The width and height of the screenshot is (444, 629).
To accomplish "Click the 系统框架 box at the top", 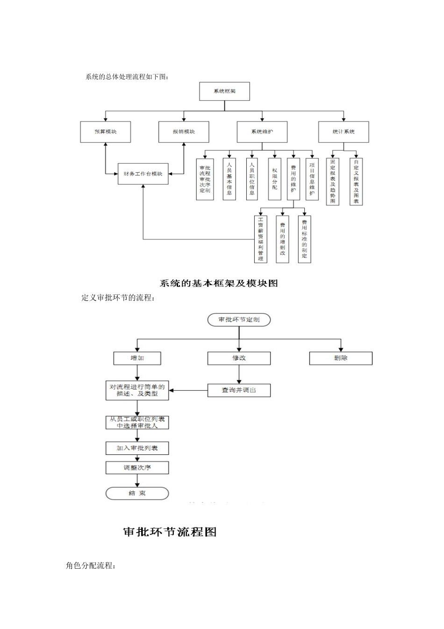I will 224,91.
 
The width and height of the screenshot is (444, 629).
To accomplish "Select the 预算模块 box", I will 106,132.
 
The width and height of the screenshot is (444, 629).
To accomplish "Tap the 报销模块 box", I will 184,132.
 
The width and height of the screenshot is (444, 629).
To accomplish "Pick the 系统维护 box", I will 262,132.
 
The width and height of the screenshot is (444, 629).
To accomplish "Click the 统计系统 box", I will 344,132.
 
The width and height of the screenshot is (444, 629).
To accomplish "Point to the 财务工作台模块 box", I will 143,174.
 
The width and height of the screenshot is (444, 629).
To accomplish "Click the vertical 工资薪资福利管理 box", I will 260,239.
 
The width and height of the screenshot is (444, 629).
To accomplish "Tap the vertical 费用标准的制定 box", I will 304,239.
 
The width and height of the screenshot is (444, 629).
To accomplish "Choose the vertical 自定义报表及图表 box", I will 356,182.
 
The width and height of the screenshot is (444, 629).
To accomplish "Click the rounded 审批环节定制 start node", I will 239,320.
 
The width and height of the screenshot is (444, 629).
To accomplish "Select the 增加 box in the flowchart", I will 137,358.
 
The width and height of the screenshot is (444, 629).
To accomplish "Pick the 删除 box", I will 341,358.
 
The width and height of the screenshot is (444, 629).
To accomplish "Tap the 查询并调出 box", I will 239,390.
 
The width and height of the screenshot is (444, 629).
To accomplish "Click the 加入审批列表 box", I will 137,448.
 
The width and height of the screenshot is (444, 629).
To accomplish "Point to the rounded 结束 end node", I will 137,493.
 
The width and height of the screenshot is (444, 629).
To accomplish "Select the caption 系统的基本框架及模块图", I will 219,283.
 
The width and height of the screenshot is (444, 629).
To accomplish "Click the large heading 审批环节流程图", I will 170,532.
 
